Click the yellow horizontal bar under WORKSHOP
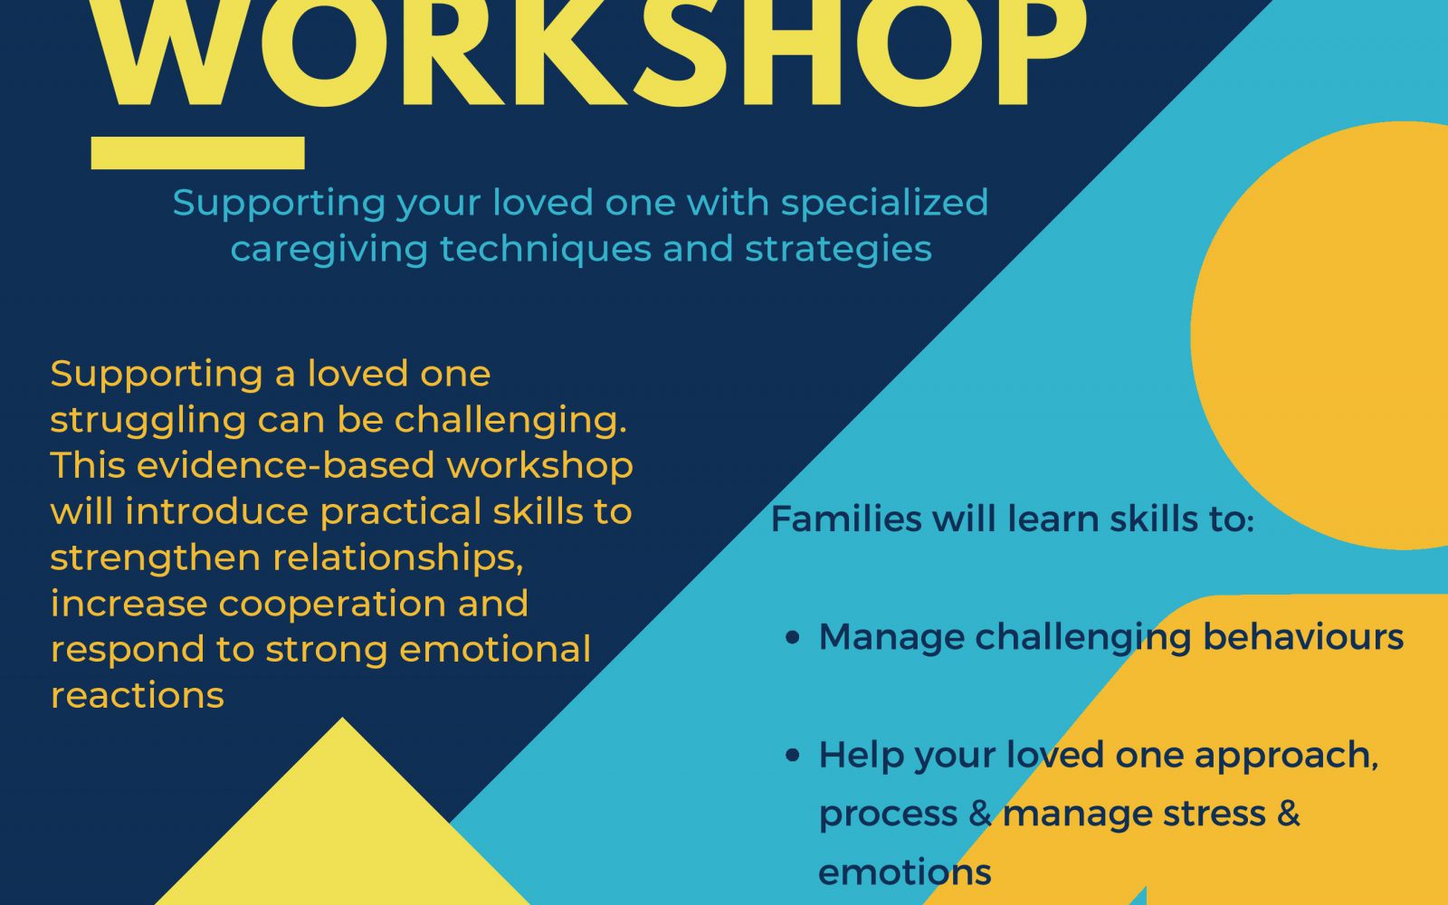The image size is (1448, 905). [198, 153]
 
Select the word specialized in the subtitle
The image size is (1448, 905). [884, 204]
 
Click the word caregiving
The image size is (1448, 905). [329, 250]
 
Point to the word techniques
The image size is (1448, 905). [546, 250]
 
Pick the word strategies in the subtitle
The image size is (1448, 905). [838, 250]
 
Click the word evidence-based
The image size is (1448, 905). [285, 465]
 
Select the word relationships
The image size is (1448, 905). [397, 557]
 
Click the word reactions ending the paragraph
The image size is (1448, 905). [137, 696]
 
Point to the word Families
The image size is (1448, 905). [846, 519]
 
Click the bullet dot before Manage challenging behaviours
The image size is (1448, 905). [793, 638]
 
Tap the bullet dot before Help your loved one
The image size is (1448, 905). [793, 756]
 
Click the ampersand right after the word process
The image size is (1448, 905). [980, 814]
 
